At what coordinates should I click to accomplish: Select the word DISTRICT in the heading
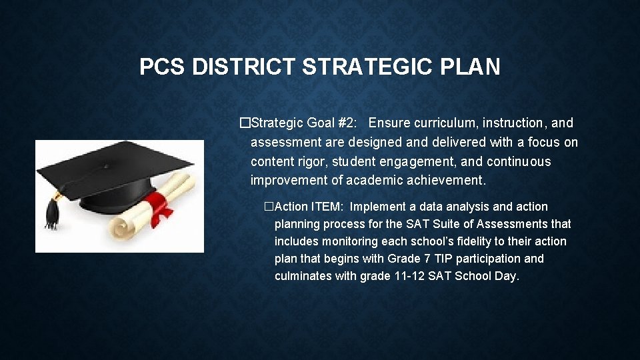point(243,67)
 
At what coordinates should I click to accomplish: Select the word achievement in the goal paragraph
point(445,180)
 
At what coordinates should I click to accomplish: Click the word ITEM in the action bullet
point(326,207)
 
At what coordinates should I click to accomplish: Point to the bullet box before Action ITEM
point(269,207)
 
